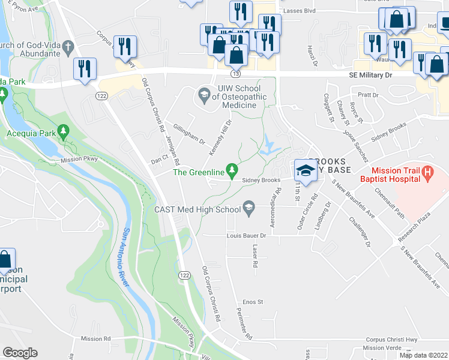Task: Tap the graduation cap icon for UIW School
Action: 203,95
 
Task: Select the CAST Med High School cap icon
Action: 248,209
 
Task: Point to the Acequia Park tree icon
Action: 62,132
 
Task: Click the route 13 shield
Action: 236,73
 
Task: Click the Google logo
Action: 20,353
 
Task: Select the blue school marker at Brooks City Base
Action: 306,170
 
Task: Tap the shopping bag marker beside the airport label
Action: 6,260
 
